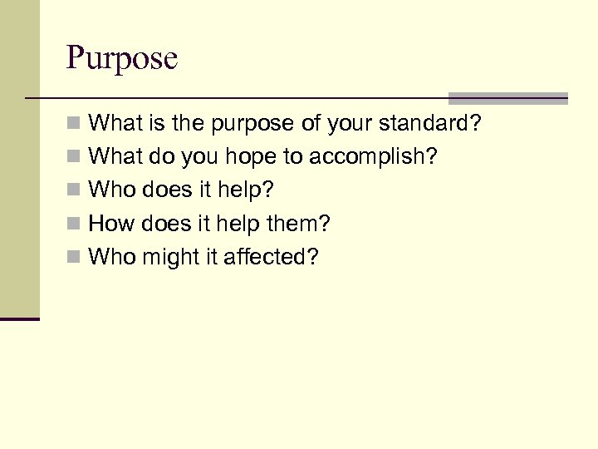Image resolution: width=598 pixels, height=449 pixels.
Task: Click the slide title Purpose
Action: [x=121, y=59]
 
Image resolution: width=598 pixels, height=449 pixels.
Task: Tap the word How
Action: [x=109, y=224]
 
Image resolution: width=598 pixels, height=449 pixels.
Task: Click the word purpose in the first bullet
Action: [x=252, y=124]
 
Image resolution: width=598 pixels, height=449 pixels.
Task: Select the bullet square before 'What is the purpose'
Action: [x=74, y=125]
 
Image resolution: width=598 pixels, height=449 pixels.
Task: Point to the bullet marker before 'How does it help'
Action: [x=74, y=224]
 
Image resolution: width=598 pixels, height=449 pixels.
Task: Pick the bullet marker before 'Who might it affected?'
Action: [x=74, y=258]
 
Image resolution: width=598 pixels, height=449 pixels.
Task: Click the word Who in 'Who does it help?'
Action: [x=110, y=190]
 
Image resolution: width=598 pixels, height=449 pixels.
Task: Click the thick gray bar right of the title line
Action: [x=507, y=97]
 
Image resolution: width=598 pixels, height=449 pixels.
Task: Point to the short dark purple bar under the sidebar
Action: [x=20, y=318]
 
